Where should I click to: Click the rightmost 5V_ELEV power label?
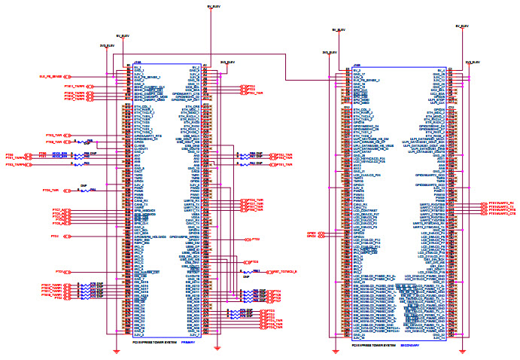(461, 25)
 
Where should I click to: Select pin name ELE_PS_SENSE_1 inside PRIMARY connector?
(147, 77)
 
